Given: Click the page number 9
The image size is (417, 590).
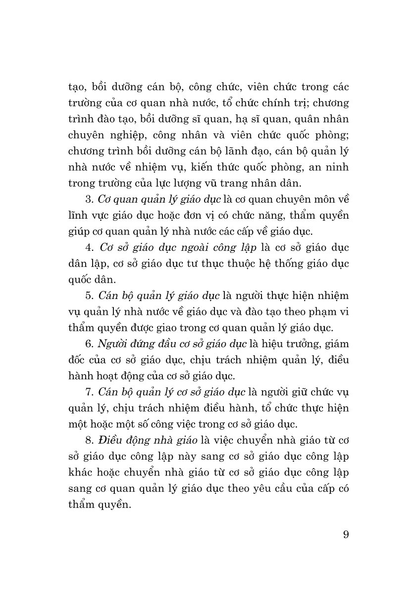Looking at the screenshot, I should pos(346,534).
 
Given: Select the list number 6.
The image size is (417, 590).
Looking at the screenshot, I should pos(89,342).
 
